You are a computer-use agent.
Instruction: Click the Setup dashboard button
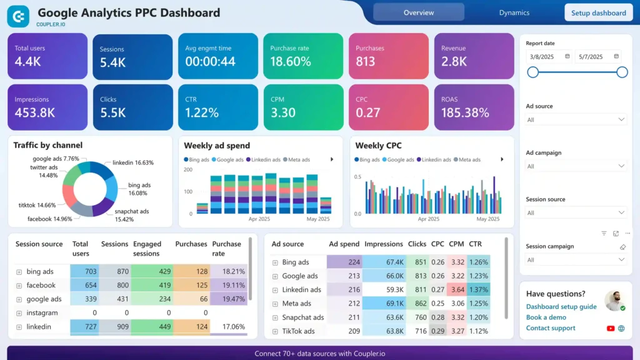pos(598,12)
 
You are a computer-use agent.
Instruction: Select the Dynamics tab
pos(514,12)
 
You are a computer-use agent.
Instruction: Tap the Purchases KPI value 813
pos(366,61)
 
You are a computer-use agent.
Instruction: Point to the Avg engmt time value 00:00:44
pos(210,61)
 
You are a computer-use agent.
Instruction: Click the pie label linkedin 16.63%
pos(133,162)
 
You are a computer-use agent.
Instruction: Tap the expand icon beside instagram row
pos(19,313)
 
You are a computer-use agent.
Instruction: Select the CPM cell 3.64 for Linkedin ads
pos(457,289)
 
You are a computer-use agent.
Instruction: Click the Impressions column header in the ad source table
pos(384,244)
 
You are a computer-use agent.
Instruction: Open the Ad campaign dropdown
pos(575,166)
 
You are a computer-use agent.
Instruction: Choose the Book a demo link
pos(546,317)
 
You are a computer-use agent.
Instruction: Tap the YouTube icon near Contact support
pos(611,328)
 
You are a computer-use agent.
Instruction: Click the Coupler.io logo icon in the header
pos(17,16)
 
